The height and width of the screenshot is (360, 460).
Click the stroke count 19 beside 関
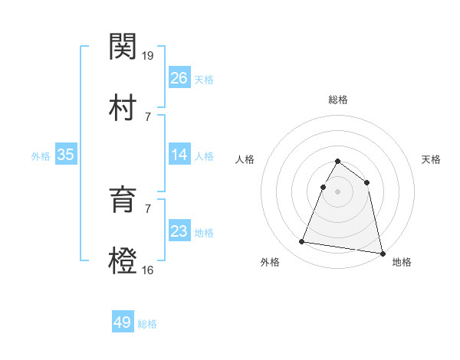point(149,56)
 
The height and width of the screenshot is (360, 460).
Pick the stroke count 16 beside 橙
point(149,270)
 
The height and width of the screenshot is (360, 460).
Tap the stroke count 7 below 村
point(148,116)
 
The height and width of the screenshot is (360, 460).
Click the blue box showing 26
point(179,78)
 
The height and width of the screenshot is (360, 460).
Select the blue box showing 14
point(179,155)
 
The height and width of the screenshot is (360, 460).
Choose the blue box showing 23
point(179,231)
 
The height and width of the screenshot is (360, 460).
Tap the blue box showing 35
point(66,155)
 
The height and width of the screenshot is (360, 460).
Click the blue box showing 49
point(123,322)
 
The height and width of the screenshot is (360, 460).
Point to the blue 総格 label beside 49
point(147,324)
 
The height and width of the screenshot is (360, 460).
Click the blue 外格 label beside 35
point(41,156)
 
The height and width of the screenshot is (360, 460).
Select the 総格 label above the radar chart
point(337,100)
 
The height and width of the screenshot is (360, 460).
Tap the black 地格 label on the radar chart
point(402,262)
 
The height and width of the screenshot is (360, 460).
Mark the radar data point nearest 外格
point(302,242)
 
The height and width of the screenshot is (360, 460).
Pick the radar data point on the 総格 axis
point(337,162)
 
